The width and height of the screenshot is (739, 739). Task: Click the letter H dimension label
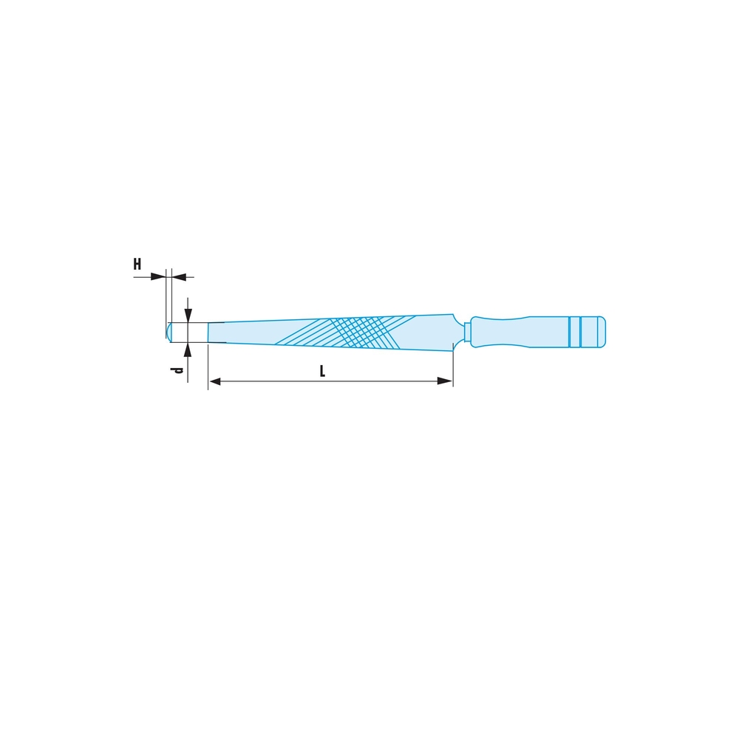137,264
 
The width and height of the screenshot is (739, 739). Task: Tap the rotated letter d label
177,370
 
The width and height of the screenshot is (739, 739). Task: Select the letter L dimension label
322,371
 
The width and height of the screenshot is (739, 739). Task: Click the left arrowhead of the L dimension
214,381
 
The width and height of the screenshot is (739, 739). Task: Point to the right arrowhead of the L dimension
446,381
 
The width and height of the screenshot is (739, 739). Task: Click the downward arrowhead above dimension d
188,316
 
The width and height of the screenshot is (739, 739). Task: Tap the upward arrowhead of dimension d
188,350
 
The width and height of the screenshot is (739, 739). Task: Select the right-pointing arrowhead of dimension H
158,276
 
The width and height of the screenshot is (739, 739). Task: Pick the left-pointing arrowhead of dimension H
179,276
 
